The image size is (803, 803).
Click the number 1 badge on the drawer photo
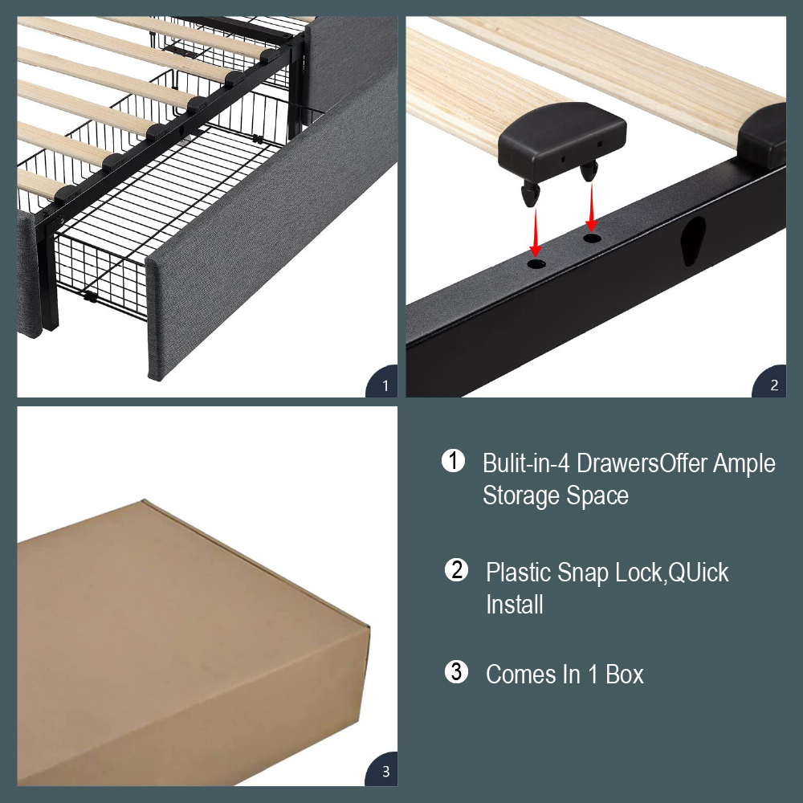click(x=383, y=382)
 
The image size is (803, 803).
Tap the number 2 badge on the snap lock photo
click(x=771, y=382)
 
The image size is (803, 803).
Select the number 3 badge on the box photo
click(x=383, y=770)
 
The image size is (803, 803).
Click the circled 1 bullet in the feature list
click(x=453, y=460)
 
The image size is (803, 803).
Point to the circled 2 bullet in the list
click(x=456, y=569)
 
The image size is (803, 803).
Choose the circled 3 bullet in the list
click(x=456, y=671)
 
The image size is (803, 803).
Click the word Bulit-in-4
click(x=526, y=463)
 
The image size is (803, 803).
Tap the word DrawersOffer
click(x=642, y=463)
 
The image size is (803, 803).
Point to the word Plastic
click(x=518, y=572)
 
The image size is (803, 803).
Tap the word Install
click(x=515, y=605)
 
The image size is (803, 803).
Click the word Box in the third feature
click(x=624, y=674)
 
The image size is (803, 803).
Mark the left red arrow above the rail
click(x=535, y=232)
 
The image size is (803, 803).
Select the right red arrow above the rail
click(x=592, y=207)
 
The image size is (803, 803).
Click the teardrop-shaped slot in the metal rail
click(x=693, y=240)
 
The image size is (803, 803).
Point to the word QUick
click(x=698, y=573)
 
